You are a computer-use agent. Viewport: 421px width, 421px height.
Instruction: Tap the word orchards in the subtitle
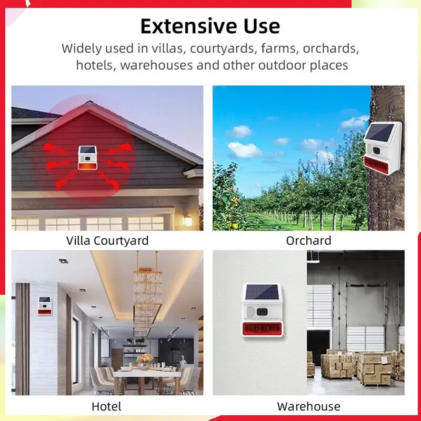[x=331, y=48]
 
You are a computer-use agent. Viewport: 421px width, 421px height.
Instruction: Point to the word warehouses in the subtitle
[x=156, y=65]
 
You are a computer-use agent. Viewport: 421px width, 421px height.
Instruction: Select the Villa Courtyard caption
[x=107, y=240]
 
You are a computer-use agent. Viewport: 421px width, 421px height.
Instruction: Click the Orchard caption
[x=308, y=240]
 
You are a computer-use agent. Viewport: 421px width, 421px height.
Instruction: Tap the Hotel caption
[x=106, y=406]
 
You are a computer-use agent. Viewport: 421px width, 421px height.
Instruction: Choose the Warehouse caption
[x=309, y=406]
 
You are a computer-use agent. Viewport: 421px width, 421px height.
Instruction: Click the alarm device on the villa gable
[x=87, y=158]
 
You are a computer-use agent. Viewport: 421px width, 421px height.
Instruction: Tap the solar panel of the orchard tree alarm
[x=379, y=133]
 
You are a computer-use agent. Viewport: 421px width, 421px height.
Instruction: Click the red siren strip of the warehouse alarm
[x=262, y=329]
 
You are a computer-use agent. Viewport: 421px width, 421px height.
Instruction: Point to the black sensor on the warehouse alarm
[x=262, y=312]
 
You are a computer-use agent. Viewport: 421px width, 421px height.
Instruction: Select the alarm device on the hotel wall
[x=45, y=306]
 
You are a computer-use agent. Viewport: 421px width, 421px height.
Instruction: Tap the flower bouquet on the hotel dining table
[x=145, y=359]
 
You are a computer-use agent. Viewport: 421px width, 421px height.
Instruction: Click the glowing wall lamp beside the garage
[x=188, y=220]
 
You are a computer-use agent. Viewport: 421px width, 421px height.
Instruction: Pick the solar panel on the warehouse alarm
[x=262, y=293]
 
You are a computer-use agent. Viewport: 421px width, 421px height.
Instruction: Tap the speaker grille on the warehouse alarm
[x=250, y=312]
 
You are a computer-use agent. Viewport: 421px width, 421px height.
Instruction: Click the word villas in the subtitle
[x=168, y=48]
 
